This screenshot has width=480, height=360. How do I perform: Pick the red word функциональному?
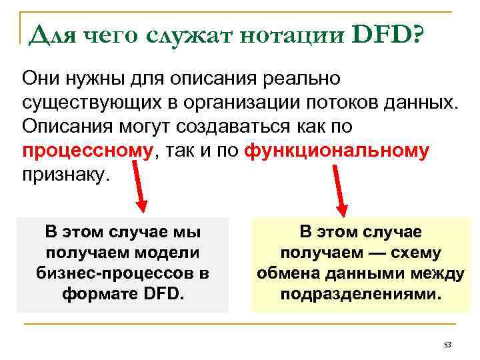click(337, 151)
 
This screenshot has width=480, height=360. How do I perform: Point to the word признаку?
click(64, 175)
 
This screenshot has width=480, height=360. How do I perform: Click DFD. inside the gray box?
click(162, 293)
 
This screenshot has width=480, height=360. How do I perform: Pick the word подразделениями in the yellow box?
click(360, 294)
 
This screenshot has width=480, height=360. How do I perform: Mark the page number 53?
click(447, 345)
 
